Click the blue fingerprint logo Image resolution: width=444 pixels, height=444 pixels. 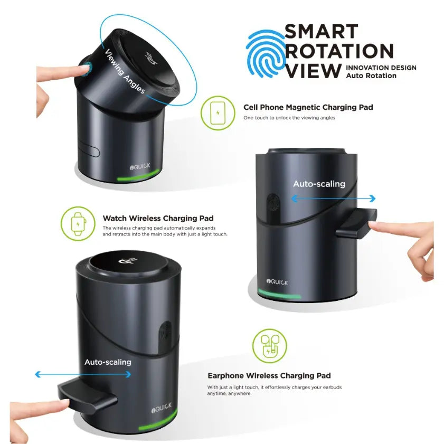pyautogui.click(x=266, y=53)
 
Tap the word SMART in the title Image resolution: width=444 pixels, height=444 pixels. pyautogui.click(x=322, y=31)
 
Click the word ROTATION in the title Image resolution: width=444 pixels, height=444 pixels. pyautogui.click(x=339, y=51)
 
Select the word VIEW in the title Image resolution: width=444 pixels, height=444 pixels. pyautogui.click(x=313, y=71)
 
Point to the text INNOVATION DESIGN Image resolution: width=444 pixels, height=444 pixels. pyautogui.click(x=381, y=68)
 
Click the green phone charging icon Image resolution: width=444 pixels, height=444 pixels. pyautogui.click(x=218, y=113)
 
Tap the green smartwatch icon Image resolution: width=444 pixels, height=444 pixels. pyautogui.click(x=78, y=224)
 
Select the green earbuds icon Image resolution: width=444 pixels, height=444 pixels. pyautogui.click(x=269, y=346)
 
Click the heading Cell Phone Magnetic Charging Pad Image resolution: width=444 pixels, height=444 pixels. pyautogui.click(x=308, y=107)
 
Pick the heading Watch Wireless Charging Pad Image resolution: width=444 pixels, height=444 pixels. pyautogui.click(x=158, y=219)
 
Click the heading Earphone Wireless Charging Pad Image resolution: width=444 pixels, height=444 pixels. pyautogui.click(x=269, y=375)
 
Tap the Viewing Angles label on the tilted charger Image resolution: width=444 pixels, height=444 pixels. pyautogui.click(x=125, y=71)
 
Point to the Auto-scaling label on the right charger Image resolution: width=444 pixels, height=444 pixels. pyautogui.click(x=319, y=184)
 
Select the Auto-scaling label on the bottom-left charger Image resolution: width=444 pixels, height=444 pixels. pyautogui.click(x=108, y=362)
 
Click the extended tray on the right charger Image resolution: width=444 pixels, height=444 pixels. pyautogui.click(x=356, y=223)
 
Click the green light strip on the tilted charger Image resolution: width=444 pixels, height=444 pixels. pyautogui.click(x=138, y=176)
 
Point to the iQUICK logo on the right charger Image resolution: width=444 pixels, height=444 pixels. pyautogui.click(x=277, y=282)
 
